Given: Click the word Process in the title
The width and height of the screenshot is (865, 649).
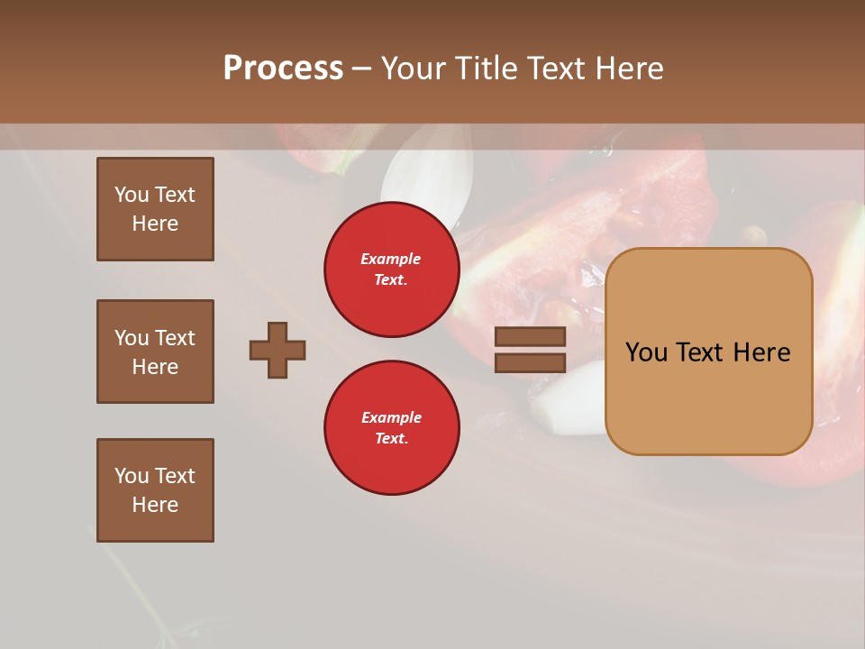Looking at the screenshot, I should tap(283, 69).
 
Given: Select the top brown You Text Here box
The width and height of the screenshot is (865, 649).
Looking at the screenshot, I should tap(155, 209).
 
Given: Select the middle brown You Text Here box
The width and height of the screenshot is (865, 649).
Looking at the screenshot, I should tap(155, 352).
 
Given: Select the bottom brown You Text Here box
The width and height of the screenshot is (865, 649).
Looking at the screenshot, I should tap(155, 490).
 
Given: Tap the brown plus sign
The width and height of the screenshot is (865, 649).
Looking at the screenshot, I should tap(278, 350).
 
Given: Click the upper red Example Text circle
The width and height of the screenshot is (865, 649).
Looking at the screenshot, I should tap(392, 270).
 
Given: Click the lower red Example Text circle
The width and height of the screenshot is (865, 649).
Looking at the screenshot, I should tap(392, 428).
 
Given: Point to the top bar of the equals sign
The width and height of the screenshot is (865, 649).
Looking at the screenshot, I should tap(531, 337).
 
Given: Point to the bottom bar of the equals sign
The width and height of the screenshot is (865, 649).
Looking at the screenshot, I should tap(531, 362).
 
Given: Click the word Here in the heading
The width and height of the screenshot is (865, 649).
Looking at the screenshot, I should tap(628, 69).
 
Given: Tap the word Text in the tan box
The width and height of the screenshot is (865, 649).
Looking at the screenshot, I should tap(707, 352).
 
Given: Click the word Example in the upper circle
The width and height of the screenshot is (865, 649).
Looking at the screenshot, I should tap(391, 260).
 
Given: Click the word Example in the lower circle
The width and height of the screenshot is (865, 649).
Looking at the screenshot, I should tap(391, 418).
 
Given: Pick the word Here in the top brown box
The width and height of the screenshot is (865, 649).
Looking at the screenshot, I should tap(155, 224).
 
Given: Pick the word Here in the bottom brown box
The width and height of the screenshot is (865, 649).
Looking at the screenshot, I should tap(155, 505).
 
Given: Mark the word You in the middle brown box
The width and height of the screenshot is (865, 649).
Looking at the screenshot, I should tap(131, 338).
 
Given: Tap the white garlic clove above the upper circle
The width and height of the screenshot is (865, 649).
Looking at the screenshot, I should tap(428, 176).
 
